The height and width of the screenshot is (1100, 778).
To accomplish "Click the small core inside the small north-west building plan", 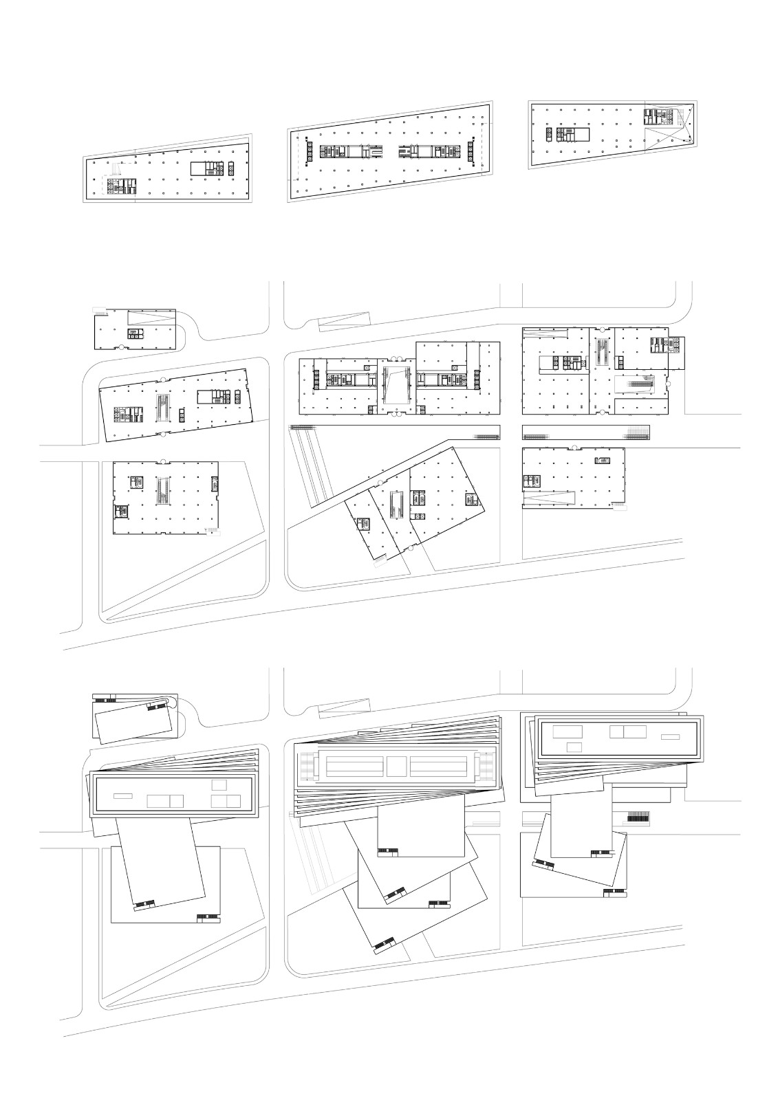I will [x=132, y=333].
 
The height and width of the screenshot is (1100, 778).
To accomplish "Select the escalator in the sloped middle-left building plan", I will [x=164, y=408].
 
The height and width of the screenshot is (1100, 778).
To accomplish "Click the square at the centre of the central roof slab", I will [x=396, y=766].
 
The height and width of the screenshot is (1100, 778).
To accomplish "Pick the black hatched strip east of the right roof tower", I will [x=638, y=817].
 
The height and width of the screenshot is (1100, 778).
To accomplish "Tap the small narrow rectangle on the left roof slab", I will [x=122, y=796].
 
